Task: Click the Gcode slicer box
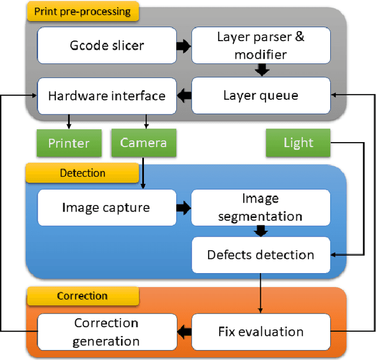click(x=107, y=46)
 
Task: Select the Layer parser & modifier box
click(x=260, y=46)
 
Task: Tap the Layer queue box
click(x=260, y=95)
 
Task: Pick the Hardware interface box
click(x=106, y=95)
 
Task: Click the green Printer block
click(x=69, y=143)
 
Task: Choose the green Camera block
click(x=143, y=143)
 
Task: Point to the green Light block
click(x=298, y=143)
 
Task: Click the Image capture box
click(x=106, y=207)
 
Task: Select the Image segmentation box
click(x=260, y=207)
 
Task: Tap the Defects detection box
click(x=260, y=255)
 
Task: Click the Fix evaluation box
click(x=260, y=331)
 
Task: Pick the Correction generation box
click(x=107, y=332)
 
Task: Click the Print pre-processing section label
click(x=82, y=11)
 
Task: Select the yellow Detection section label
click(x=82, y=173)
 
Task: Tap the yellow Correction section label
click(x=82, y=295)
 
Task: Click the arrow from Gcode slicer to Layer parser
click(x=183, y=46)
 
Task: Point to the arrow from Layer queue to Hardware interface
click(x=183, y=95)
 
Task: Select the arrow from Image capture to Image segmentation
click(x=183, y=207)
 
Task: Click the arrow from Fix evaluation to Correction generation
click(x=184, y=332)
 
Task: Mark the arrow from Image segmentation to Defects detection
click(x=260, y=232)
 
